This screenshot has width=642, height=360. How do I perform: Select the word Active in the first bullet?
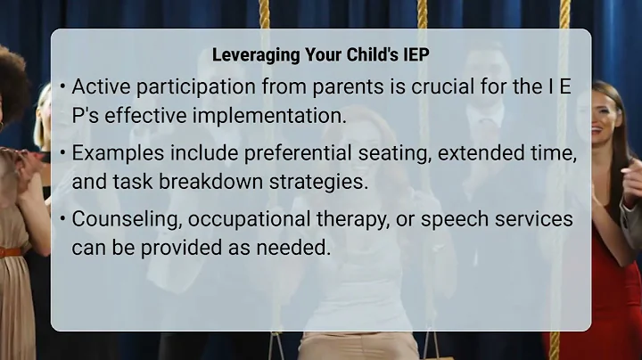[x=100, y=87]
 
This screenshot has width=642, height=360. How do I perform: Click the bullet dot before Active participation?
[x=62, y=87]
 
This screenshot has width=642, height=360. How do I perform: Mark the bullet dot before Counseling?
[x=62, y=219]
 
